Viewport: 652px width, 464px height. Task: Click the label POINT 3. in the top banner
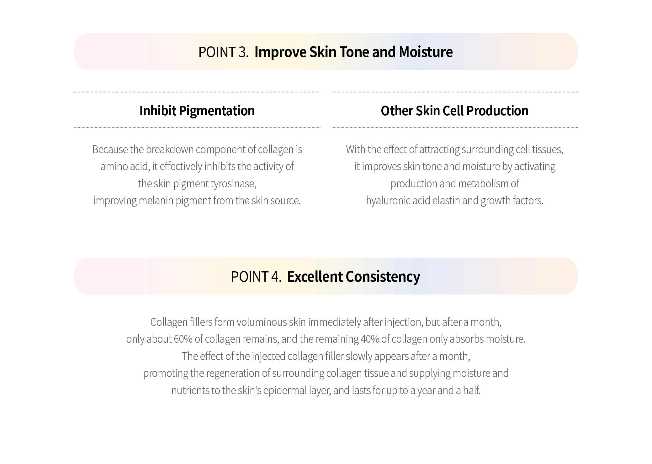224,52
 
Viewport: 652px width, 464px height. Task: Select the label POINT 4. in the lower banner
256,277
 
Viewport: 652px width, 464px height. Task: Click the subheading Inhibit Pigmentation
197,111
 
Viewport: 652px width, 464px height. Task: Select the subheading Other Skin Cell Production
454,111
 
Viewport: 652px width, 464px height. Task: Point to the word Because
110,149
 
